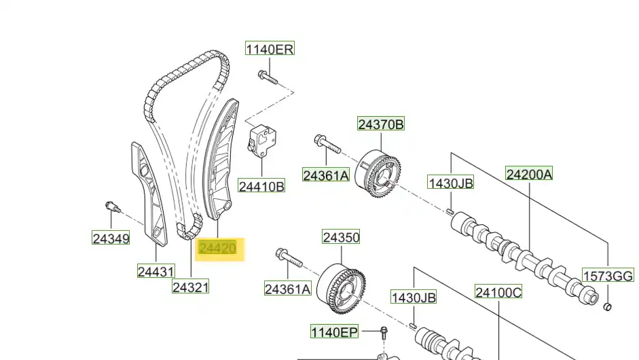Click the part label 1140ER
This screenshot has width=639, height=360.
pos(270,49)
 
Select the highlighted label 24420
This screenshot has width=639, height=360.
pos(217,248)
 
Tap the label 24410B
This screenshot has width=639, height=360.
pos(261,186)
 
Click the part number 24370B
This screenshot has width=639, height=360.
pos(381,124)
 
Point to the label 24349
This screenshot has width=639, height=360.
pos(111,238)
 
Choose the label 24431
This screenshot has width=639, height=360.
pos(156,271)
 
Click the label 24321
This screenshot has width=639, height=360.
pos(191,287)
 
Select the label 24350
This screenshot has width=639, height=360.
pos(341,237)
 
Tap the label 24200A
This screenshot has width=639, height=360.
pos(530,174)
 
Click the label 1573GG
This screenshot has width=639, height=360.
pos(608,276)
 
